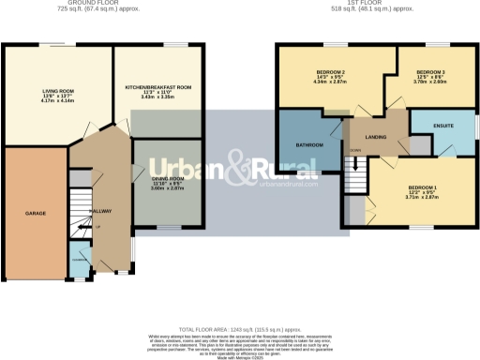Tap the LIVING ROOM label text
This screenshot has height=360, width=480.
click(59, 91)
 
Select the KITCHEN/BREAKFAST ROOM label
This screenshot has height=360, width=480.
click(158, 86)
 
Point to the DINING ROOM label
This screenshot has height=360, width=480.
click(168, 178)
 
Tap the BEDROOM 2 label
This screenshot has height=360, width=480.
click(330, 73)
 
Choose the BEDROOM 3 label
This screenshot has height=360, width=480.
click(430, 72)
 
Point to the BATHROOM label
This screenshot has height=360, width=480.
click(309, 145)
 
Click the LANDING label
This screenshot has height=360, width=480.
click(377, 138)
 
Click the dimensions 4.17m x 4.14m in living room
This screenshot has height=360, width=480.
click(59, 100)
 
